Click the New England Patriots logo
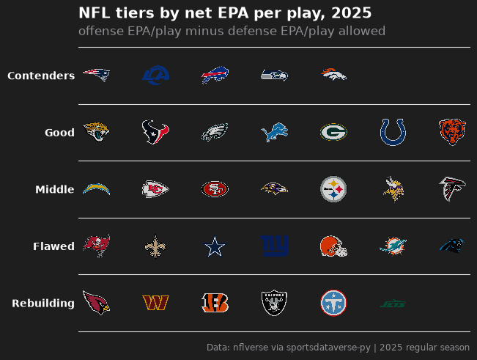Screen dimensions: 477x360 coord(97,75)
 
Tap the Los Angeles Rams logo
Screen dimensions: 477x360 coord(156,75)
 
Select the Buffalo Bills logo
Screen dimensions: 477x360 coord(215,75)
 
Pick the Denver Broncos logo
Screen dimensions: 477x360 coord(333,75)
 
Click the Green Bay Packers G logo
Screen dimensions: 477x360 coord(333,132)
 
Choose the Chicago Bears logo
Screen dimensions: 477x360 coord(452,132)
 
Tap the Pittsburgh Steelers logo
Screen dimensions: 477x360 coord(333,189)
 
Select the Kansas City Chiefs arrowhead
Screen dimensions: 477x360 coord(156,189)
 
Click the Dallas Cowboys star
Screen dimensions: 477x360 coord(215,246)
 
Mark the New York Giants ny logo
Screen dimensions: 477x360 coord(274,246)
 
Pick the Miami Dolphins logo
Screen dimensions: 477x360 coord(393,246)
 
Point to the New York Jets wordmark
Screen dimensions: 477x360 coord(393,304)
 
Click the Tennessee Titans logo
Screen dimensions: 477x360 coord(333,303)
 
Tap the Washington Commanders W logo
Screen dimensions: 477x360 coord(156,303)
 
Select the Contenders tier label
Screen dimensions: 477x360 coord(41,76)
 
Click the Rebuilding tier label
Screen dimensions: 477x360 coord(43,303)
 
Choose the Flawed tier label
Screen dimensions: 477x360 coord(53,246)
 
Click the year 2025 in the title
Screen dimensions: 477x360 coord(352,13)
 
